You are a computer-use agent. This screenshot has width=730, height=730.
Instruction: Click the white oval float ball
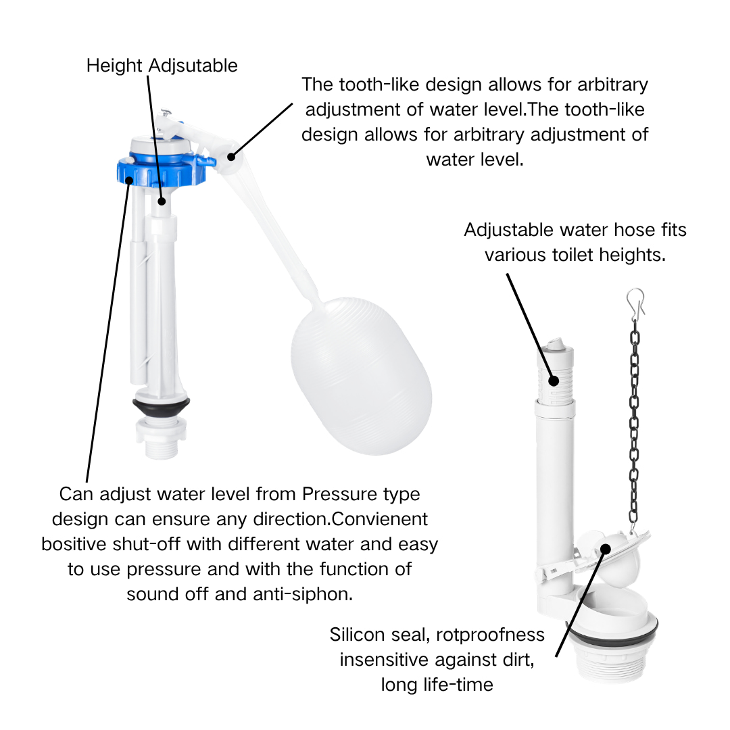point(361,376)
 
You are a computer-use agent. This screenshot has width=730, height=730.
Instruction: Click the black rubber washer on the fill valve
point(161,406)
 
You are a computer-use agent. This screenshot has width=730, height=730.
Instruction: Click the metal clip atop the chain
point(635,303)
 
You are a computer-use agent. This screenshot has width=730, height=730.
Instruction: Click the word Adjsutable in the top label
point(193,66)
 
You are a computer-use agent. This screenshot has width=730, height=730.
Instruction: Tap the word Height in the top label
point(114,66)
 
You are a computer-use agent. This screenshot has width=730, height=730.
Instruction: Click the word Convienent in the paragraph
point(379,519)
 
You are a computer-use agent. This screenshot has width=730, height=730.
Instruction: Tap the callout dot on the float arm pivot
point(231,157)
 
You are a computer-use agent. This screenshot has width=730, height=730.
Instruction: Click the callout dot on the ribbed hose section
point(554,381)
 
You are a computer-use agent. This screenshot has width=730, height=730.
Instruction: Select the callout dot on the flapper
point(605,549)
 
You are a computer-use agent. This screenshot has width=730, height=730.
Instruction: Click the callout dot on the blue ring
point(129,180)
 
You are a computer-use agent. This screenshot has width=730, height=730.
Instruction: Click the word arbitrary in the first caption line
point(612,85)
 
